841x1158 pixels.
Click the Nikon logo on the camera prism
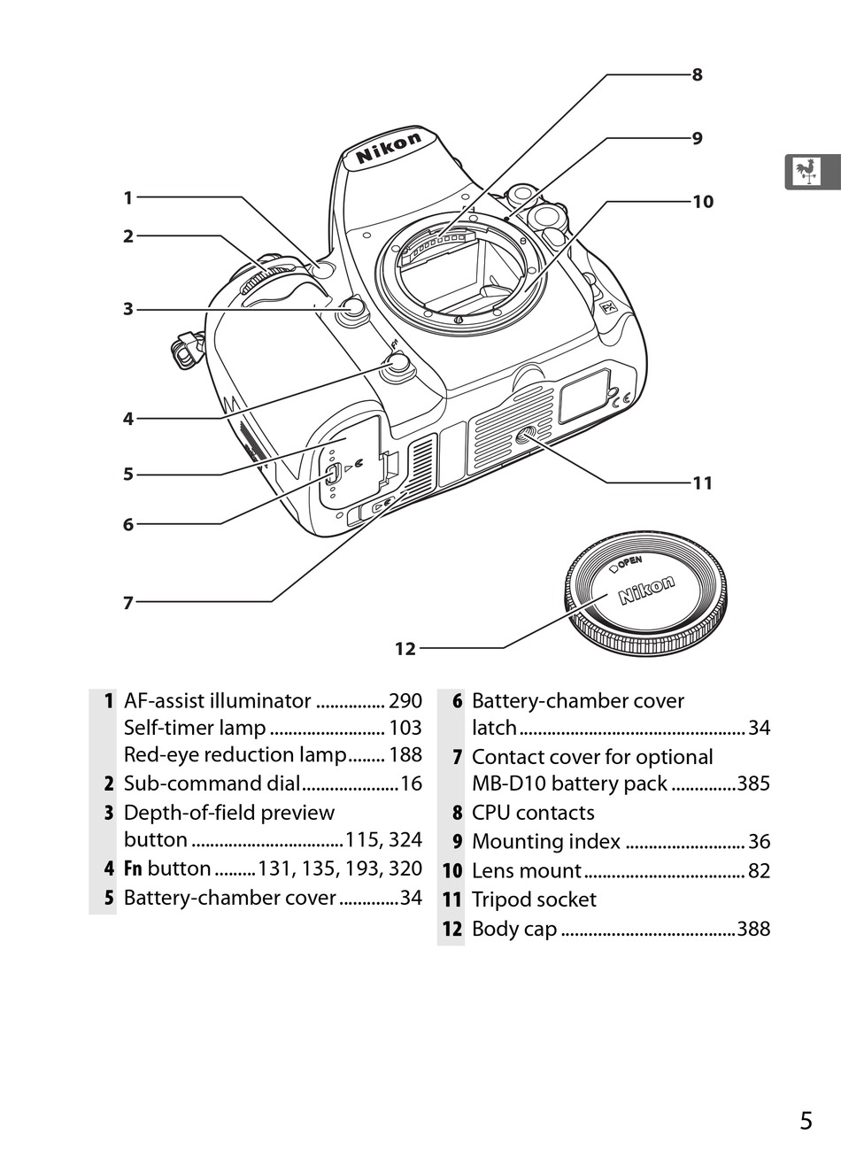click(x=389, y=149)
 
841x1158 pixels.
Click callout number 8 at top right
click(x=698, y=75)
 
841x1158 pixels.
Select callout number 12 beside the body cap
click(x=405, y=649)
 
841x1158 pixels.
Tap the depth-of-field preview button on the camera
click(x=352, y=308)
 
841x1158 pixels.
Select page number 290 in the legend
click(x=405, y=701)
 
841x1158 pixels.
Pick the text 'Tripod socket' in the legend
click(x=534, y=899)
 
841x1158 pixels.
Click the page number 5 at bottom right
click(x=805, y=1121)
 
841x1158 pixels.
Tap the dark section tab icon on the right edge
click(x=810, y=172)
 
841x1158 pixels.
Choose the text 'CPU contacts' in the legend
click(x=533, y=813)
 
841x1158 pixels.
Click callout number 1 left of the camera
click(x=127, y=198)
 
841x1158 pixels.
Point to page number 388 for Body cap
click(x=753, y=929)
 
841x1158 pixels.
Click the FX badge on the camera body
click(x=608, y=308)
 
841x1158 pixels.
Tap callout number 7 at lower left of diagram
click(x=127, y=603)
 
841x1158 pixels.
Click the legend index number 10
click(x=452, y=871)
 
